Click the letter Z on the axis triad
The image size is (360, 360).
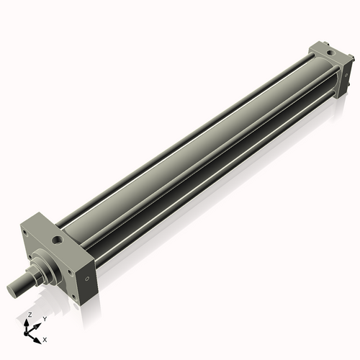coord(27,315)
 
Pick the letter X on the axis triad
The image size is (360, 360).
coord(45,338)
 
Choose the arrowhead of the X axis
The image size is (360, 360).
coord(37,337)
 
